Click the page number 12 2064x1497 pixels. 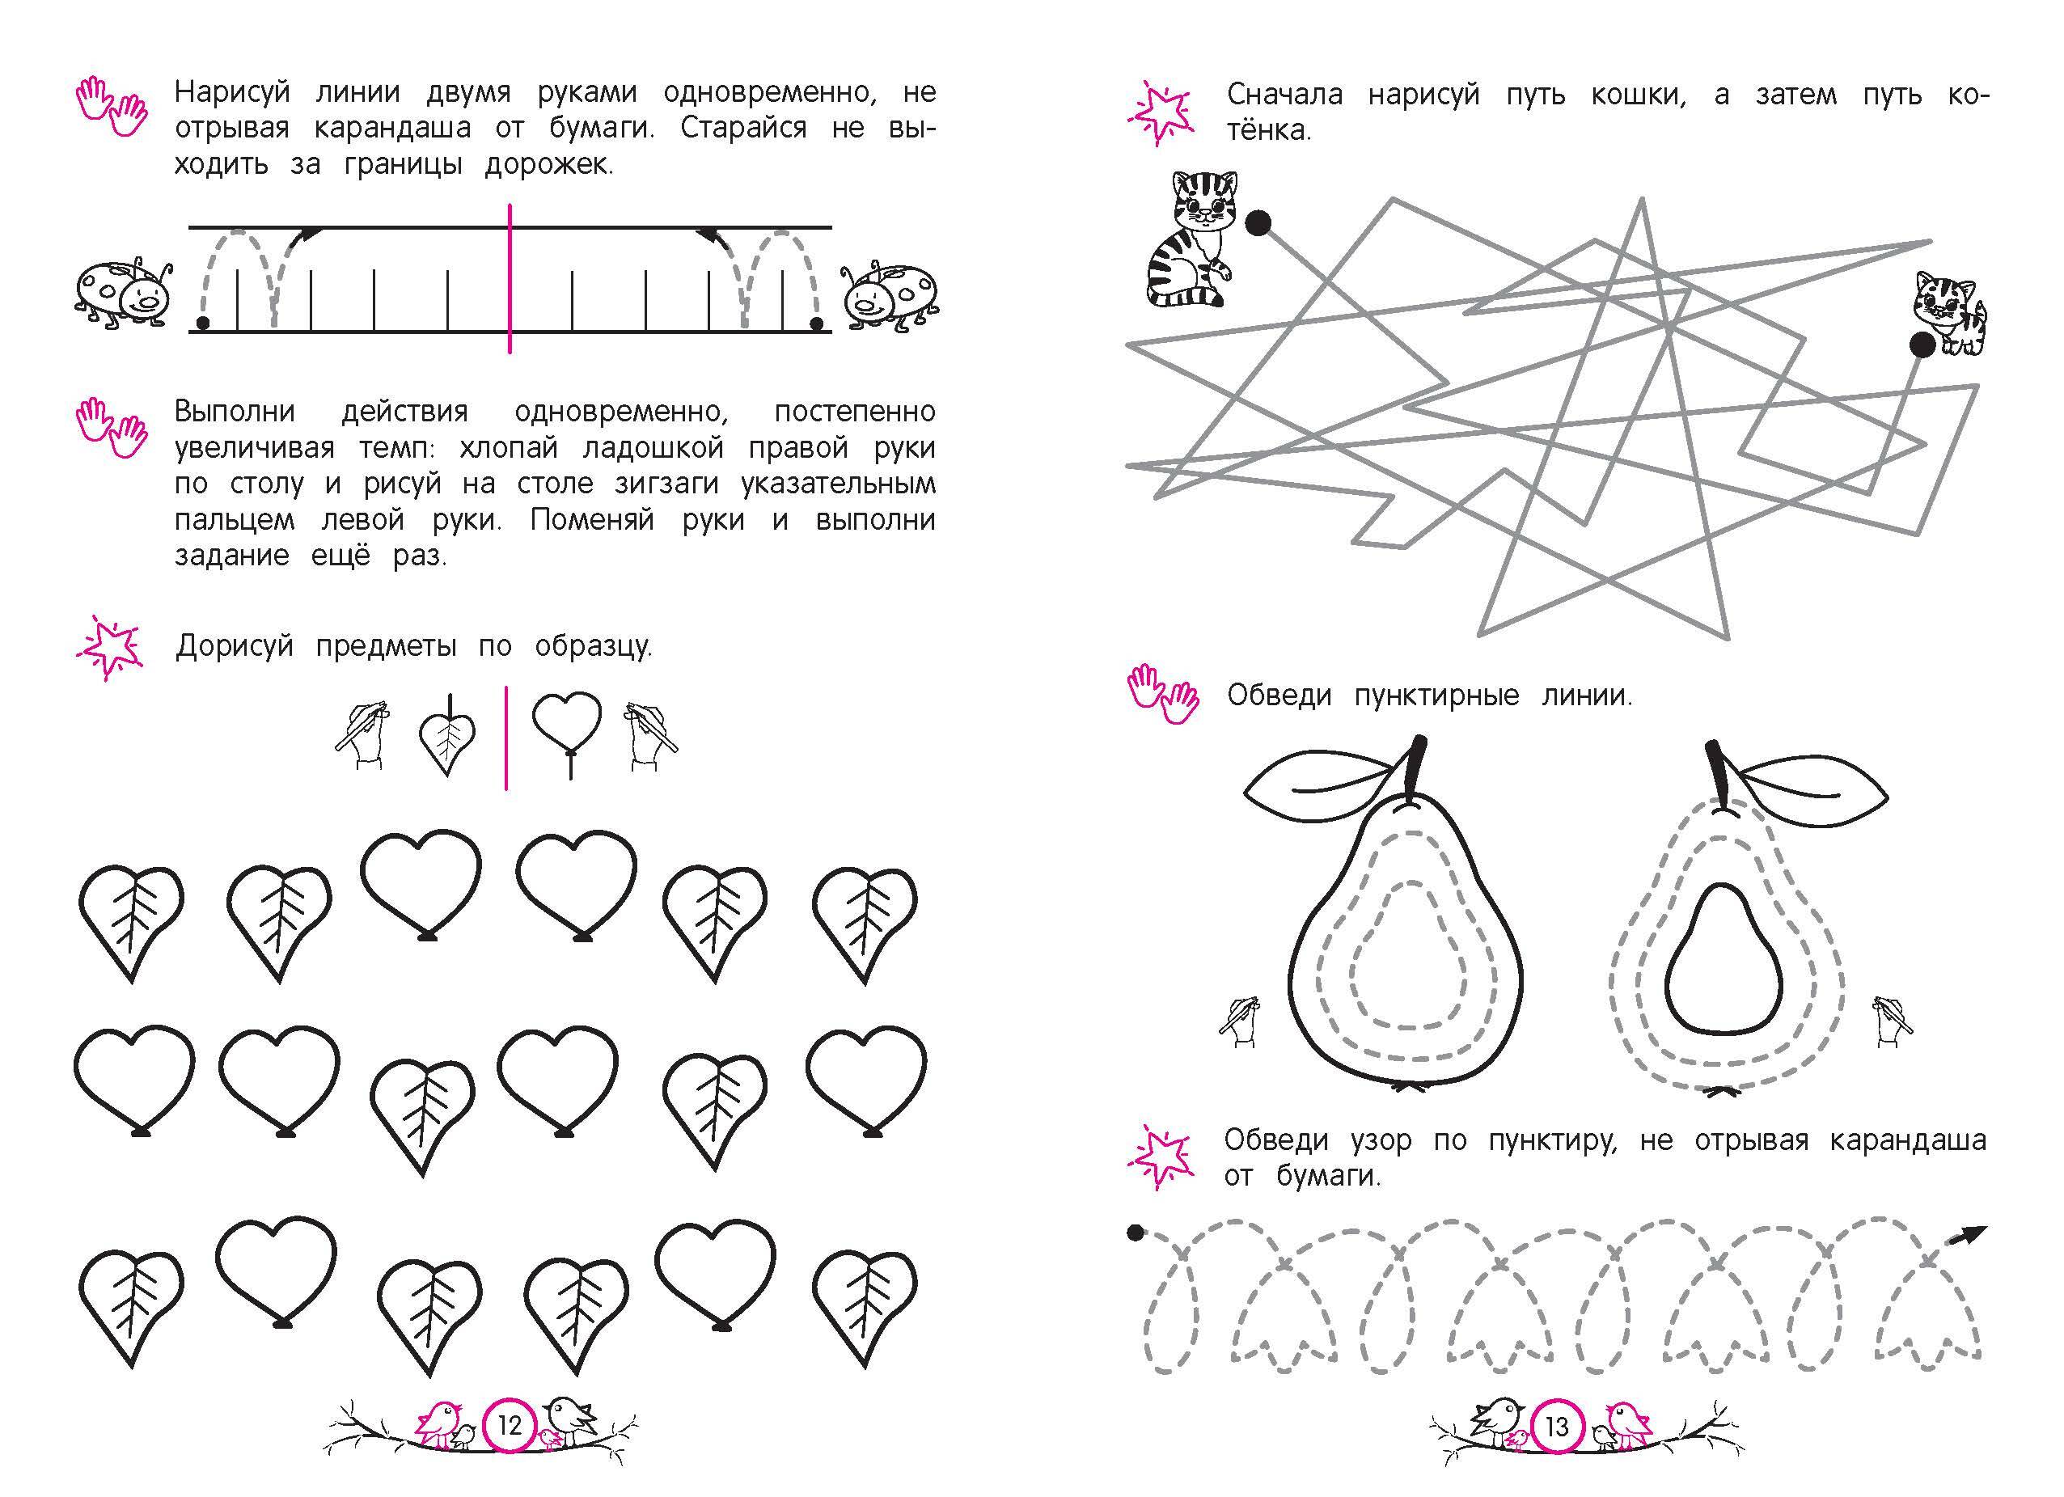point(510,1425)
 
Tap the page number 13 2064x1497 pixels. point(1557,1425)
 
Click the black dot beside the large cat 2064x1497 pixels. point(1257,223)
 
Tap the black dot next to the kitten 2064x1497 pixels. point(1921,345)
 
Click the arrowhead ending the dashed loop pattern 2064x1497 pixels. point(1971,1235)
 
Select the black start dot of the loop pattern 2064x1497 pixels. point(1134,1233)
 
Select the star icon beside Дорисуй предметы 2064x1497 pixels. point(109,647)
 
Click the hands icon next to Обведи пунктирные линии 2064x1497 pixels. point(1163,696)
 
